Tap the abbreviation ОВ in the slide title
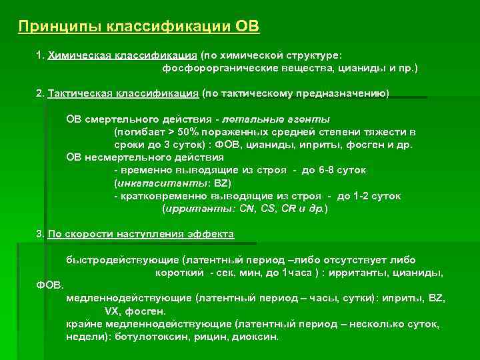coord(247,27)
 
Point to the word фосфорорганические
coord(214,69)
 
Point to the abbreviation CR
coord(288,208)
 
